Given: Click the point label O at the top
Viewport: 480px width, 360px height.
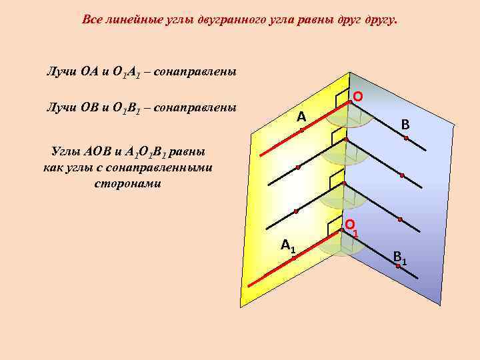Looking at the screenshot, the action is (x=358, y=97).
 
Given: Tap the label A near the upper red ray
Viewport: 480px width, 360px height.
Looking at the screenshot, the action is (x=301, y=117).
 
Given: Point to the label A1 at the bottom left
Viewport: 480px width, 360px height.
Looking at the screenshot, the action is (x=289, y=245).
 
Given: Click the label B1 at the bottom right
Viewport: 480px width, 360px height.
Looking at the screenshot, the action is (x=401, y=256).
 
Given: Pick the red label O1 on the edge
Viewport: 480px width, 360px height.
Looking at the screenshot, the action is (x=351, y=227).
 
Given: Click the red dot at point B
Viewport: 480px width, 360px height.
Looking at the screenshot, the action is (x=405, y=137).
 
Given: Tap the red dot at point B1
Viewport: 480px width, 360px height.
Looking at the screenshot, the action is (x=397, y=266).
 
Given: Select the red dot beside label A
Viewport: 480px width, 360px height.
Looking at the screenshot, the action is (x=301, y=130).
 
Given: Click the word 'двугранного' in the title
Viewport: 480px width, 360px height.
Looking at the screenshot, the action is (x=227, y=19).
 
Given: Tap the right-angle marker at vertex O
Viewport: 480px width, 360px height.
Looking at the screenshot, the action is (x=342, y=100).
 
